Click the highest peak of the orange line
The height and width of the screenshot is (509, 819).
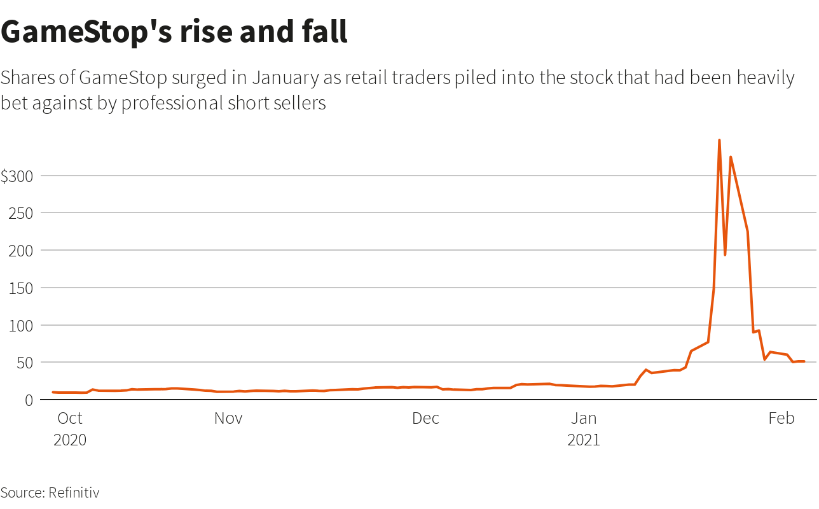pos(719,140)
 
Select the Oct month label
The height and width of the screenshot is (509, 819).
pos(70,418)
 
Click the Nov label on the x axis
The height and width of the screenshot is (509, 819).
pos(228,418)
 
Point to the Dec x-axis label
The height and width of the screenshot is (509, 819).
pos(425,418)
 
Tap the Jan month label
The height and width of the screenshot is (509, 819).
pos(584,418)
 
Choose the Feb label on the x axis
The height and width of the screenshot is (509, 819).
pos(781,418)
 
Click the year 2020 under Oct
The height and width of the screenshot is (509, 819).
pos(70,440)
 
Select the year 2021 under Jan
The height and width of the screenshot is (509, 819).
pos(584,440)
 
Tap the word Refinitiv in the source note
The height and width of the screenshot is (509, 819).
pos(74,492)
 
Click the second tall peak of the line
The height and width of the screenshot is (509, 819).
pos(731,157)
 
